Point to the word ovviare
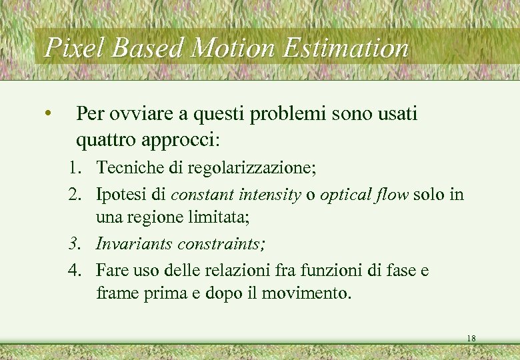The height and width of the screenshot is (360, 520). pos(144,115)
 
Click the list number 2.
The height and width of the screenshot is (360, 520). pos(74,195)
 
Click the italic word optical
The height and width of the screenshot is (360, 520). pos(344,195)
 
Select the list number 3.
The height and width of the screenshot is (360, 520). pos(74,244)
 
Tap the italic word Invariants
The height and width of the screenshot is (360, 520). pos(133,244)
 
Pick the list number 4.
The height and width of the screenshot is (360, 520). pos(74,270)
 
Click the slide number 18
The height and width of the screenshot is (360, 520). pos(471,339)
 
